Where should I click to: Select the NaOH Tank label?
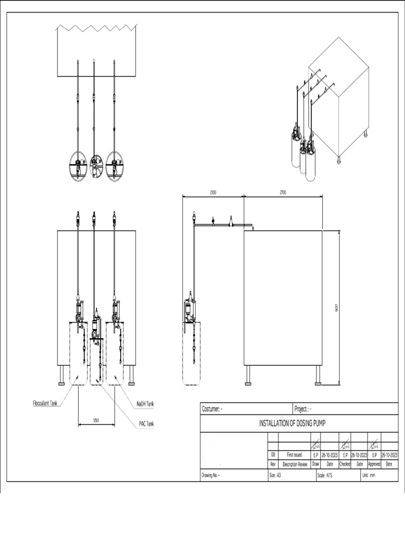[x=145, y=404]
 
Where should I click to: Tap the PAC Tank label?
[x=147, y=423]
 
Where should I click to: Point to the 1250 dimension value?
[x=96, y=421]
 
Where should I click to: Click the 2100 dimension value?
[x=213, y=193]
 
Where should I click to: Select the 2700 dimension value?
[x=283, y=193]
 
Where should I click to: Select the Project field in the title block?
[x=303, y=409]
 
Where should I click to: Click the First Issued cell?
[x=294, y=454]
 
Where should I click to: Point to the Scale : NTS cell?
[x=325, y=475]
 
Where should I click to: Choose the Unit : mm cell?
[x=369, y=475]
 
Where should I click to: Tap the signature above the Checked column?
[x=345, y=445]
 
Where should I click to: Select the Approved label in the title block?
[x=374, y=464]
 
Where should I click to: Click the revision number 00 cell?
[x=273, y=454]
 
